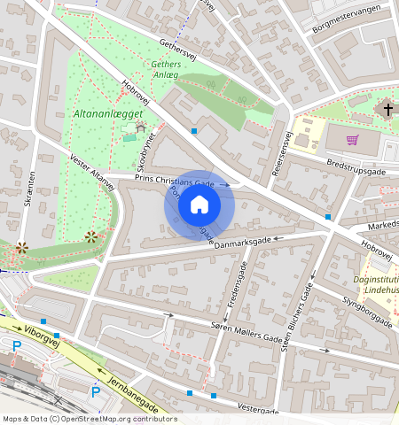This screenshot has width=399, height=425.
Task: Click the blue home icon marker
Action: tap(199, 205)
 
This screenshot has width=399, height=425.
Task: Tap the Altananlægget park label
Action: tap(105, 114)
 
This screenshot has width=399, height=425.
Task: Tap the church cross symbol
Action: tap(387, 110)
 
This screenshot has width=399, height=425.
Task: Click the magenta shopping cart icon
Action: tap(352, 139)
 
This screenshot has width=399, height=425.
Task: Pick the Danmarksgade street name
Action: tap(241, 242)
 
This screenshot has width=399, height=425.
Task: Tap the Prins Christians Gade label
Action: tap(175, 179)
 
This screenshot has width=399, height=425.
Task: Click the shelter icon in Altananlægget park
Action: tap(141, 129)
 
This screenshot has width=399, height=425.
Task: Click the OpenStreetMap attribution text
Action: tap(90, 419)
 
